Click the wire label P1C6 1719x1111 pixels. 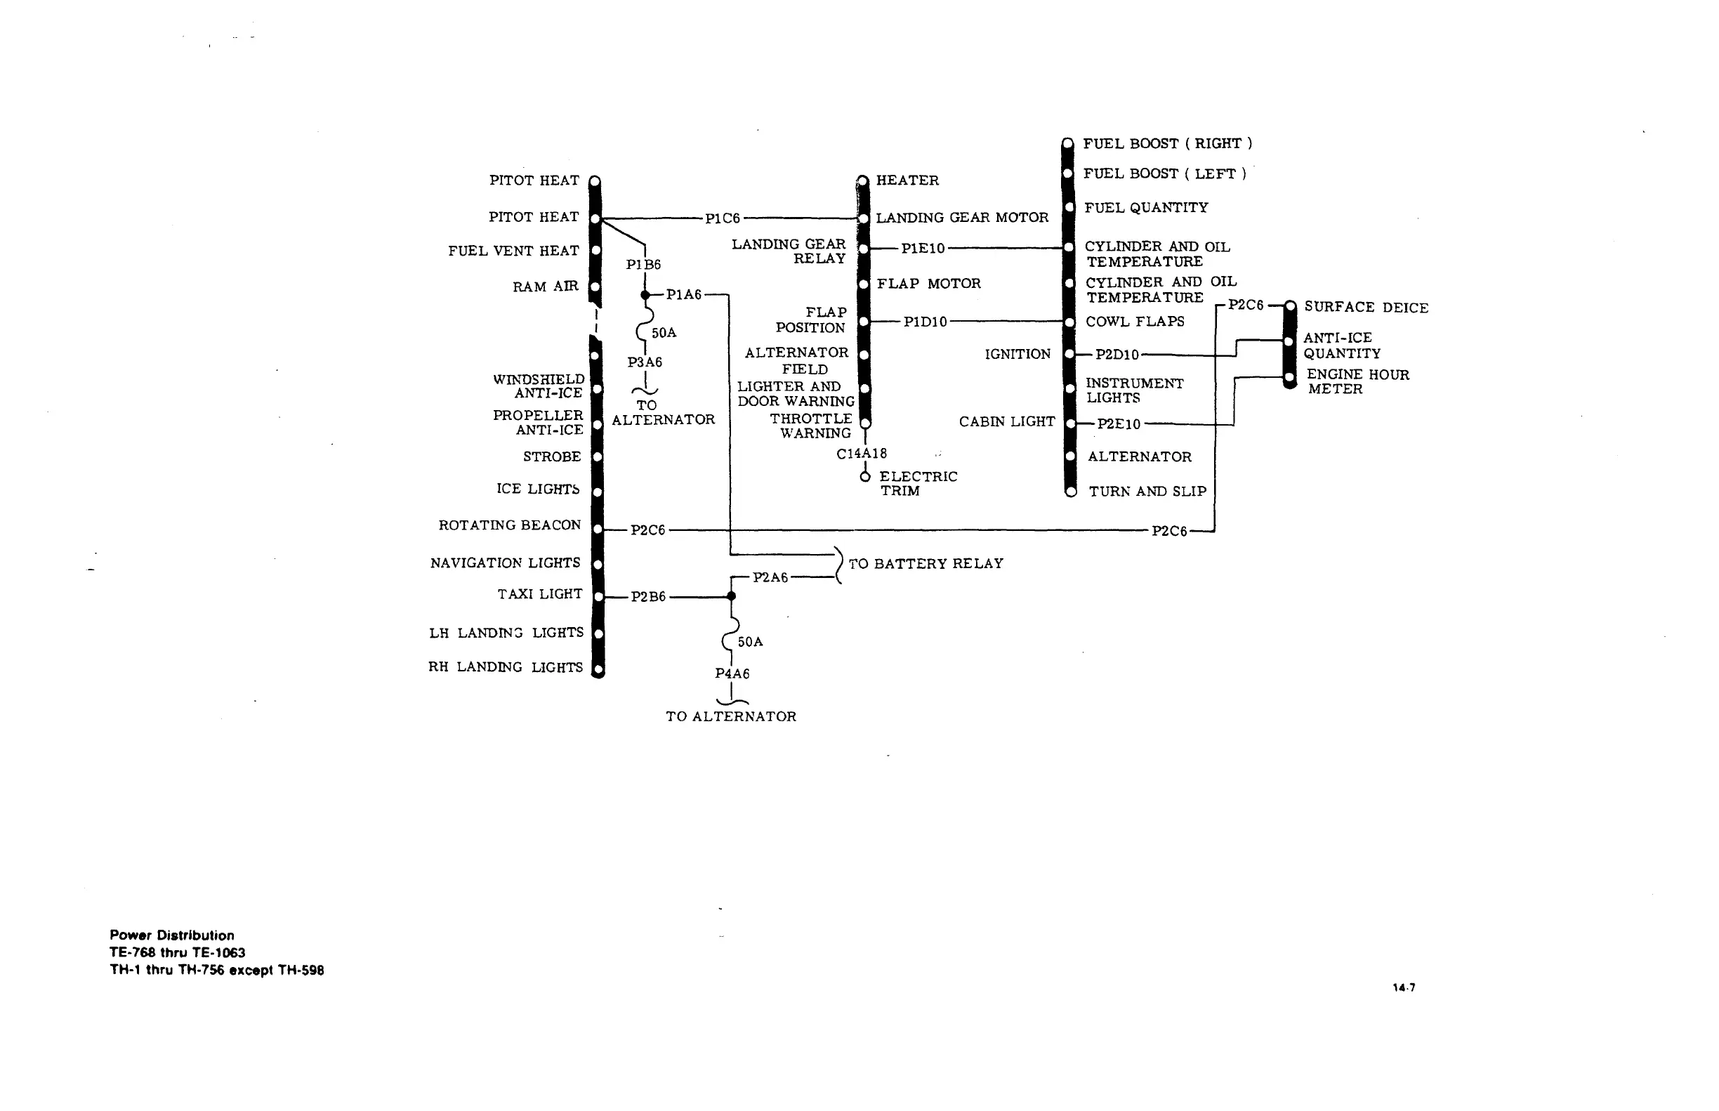click(722, 218)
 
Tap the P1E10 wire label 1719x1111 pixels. click(923, 249)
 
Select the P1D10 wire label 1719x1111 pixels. click(925, 322)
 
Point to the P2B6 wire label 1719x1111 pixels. click(647, 597)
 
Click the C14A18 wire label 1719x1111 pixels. click(862, 454)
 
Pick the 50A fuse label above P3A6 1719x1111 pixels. click(664, 333)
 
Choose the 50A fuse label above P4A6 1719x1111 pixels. click(749, 641)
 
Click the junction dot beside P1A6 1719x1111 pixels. click(645, 295)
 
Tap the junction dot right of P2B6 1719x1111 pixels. click(731, 596)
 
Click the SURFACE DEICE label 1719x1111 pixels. click(1366, 308)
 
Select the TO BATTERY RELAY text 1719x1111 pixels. click(926, 563)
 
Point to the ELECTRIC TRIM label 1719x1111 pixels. click(918, 483)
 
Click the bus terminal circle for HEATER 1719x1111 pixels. click(863, 180)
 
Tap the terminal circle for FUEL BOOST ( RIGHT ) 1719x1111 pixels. click(1067, 143)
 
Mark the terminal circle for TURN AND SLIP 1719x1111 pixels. click(1072, 492)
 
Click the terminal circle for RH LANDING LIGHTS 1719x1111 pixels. click(598, 669)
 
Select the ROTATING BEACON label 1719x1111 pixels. click(509, 525)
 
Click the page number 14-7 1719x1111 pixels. click(1403, 987)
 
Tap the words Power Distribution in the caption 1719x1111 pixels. click(171, 935)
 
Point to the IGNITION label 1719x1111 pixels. click(1017, 354)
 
